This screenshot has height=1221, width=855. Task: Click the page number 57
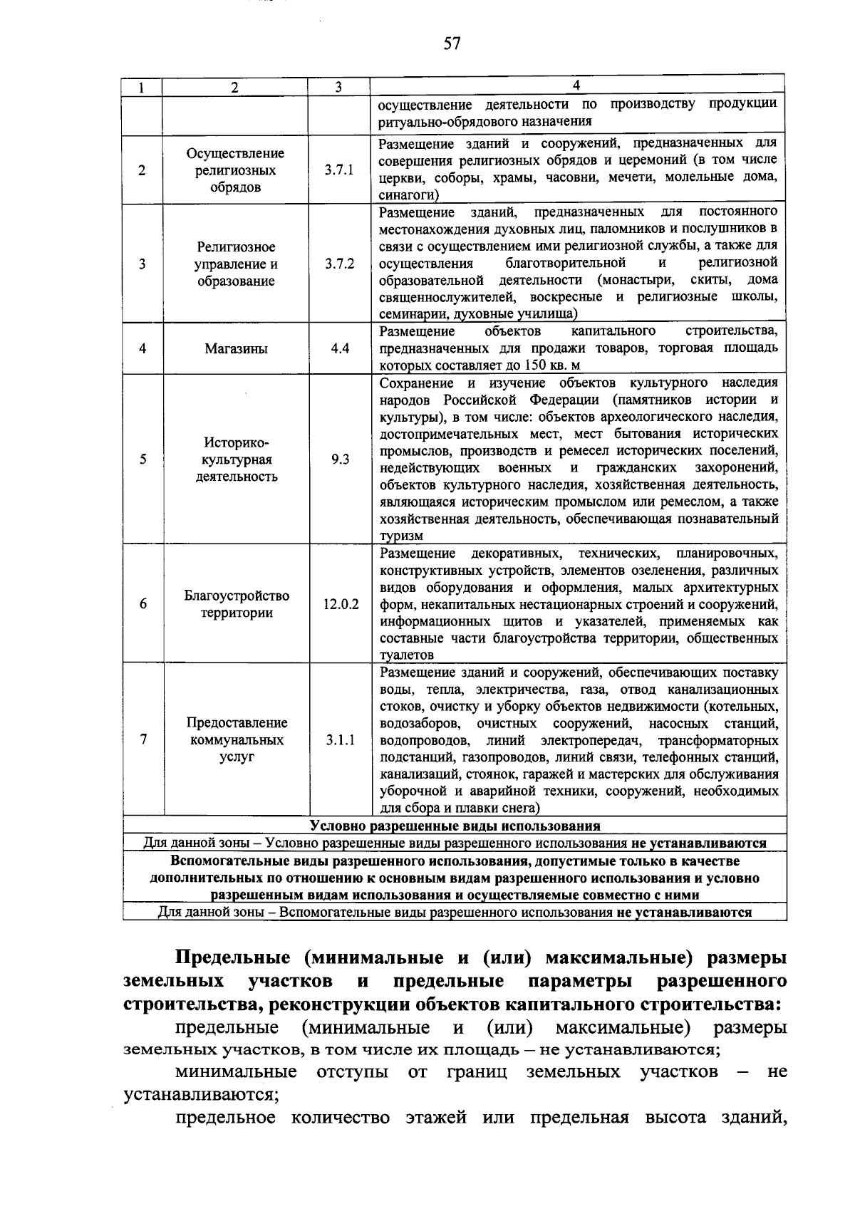452,44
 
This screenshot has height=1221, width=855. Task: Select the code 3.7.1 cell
339,171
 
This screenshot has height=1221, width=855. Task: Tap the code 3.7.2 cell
339,264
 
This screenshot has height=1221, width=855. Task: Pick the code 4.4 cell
339,349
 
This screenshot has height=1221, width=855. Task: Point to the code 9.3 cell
339,459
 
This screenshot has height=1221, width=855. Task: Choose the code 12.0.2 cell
340,604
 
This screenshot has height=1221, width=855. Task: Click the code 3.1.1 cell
339,739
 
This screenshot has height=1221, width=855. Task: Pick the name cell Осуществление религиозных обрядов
235,171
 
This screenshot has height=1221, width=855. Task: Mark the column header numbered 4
576,85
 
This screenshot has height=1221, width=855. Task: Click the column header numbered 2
235,87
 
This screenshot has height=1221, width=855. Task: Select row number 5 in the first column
143,459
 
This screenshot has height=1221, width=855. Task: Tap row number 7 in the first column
143,739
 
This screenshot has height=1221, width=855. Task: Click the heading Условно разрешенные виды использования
455,826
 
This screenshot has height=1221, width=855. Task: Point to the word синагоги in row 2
408,195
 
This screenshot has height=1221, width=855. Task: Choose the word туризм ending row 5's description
401,536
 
